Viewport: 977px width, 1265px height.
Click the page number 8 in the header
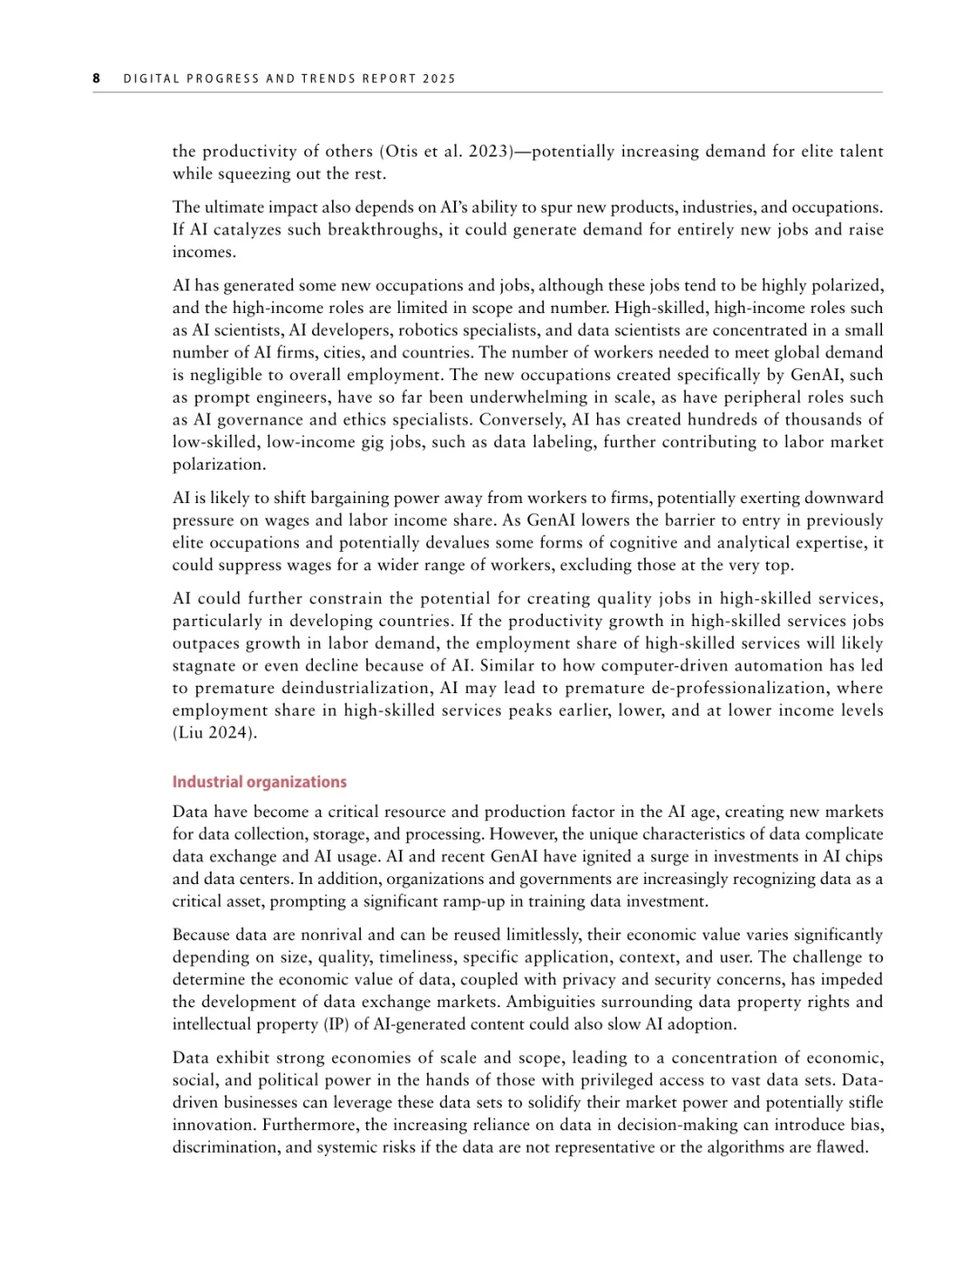(x=96, y=79)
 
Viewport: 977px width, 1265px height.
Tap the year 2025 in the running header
(x=439, y=79)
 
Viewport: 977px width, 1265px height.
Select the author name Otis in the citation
(x=403, y=151)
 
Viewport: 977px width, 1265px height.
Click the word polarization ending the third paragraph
(x=217, y=465)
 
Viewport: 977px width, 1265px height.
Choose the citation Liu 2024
(x=215, y=733)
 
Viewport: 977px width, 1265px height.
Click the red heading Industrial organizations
(x=260, y=782)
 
